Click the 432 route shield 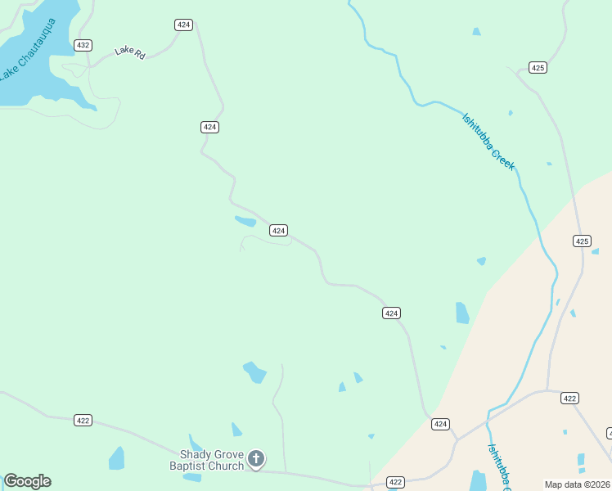[x=83, y=45]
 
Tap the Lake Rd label [x=129, y=52]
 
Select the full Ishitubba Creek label [x=488, y=141]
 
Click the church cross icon [x=256, y=459]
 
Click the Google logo [x=27, y=481]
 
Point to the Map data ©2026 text [x=577, y=484]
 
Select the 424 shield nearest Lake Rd [x=183, y=25]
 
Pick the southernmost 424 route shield [x=440, y=423]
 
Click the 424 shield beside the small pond [x=278, y=231]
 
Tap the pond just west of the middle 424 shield [x=245, y=220]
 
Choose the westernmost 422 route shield [x=83, y=420]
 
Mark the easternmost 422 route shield [x=570, y=398]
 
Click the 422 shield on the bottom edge [x=395, y=483]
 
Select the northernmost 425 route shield [x=538, y=67]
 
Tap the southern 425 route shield [x=582, y=241]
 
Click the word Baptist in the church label [x=189, y=466]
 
